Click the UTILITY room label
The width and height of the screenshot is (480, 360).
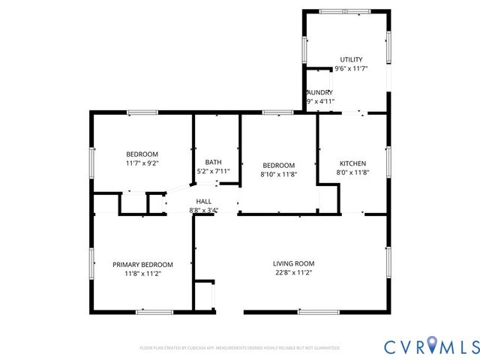pyautogui.click(x=351, y=59)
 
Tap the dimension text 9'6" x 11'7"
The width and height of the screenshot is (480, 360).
pyautogui.click(x=351, y=69)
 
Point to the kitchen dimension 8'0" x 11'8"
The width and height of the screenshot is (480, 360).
pyautogui.click(x=352, y=172)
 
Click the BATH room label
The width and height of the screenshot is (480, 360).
pyautogui.click(x=214, y=162)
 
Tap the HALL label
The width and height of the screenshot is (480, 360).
pyautogui.click(x=203, y=201)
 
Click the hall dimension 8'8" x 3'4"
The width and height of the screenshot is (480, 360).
pyautogui.click(x=203, y=211)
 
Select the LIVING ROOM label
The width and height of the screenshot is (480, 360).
pyautogui.click(x=293, y=263)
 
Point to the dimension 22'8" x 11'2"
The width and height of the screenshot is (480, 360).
pyautogui.click(x=293, y=273)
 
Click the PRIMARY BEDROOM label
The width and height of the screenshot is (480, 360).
pyautogui.click(x=142, y=265)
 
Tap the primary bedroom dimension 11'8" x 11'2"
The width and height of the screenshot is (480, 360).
pyautogui.click(x=142, y=274)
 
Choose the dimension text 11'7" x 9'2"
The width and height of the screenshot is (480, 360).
pyautogui.click(x=142, y=163)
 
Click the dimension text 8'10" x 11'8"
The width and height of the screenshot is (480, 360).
pyautogui.click(x=278, y=175)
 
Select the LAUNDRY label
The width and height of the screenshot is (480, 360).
pyautogui.click(x=320, y=92)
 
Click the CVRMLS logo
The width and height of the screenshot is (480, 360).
pyautogui.click(x=431, y=346)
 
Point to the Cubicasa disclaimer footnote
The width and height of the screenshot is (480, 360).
pyautogui.click(x=240, y=348)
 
